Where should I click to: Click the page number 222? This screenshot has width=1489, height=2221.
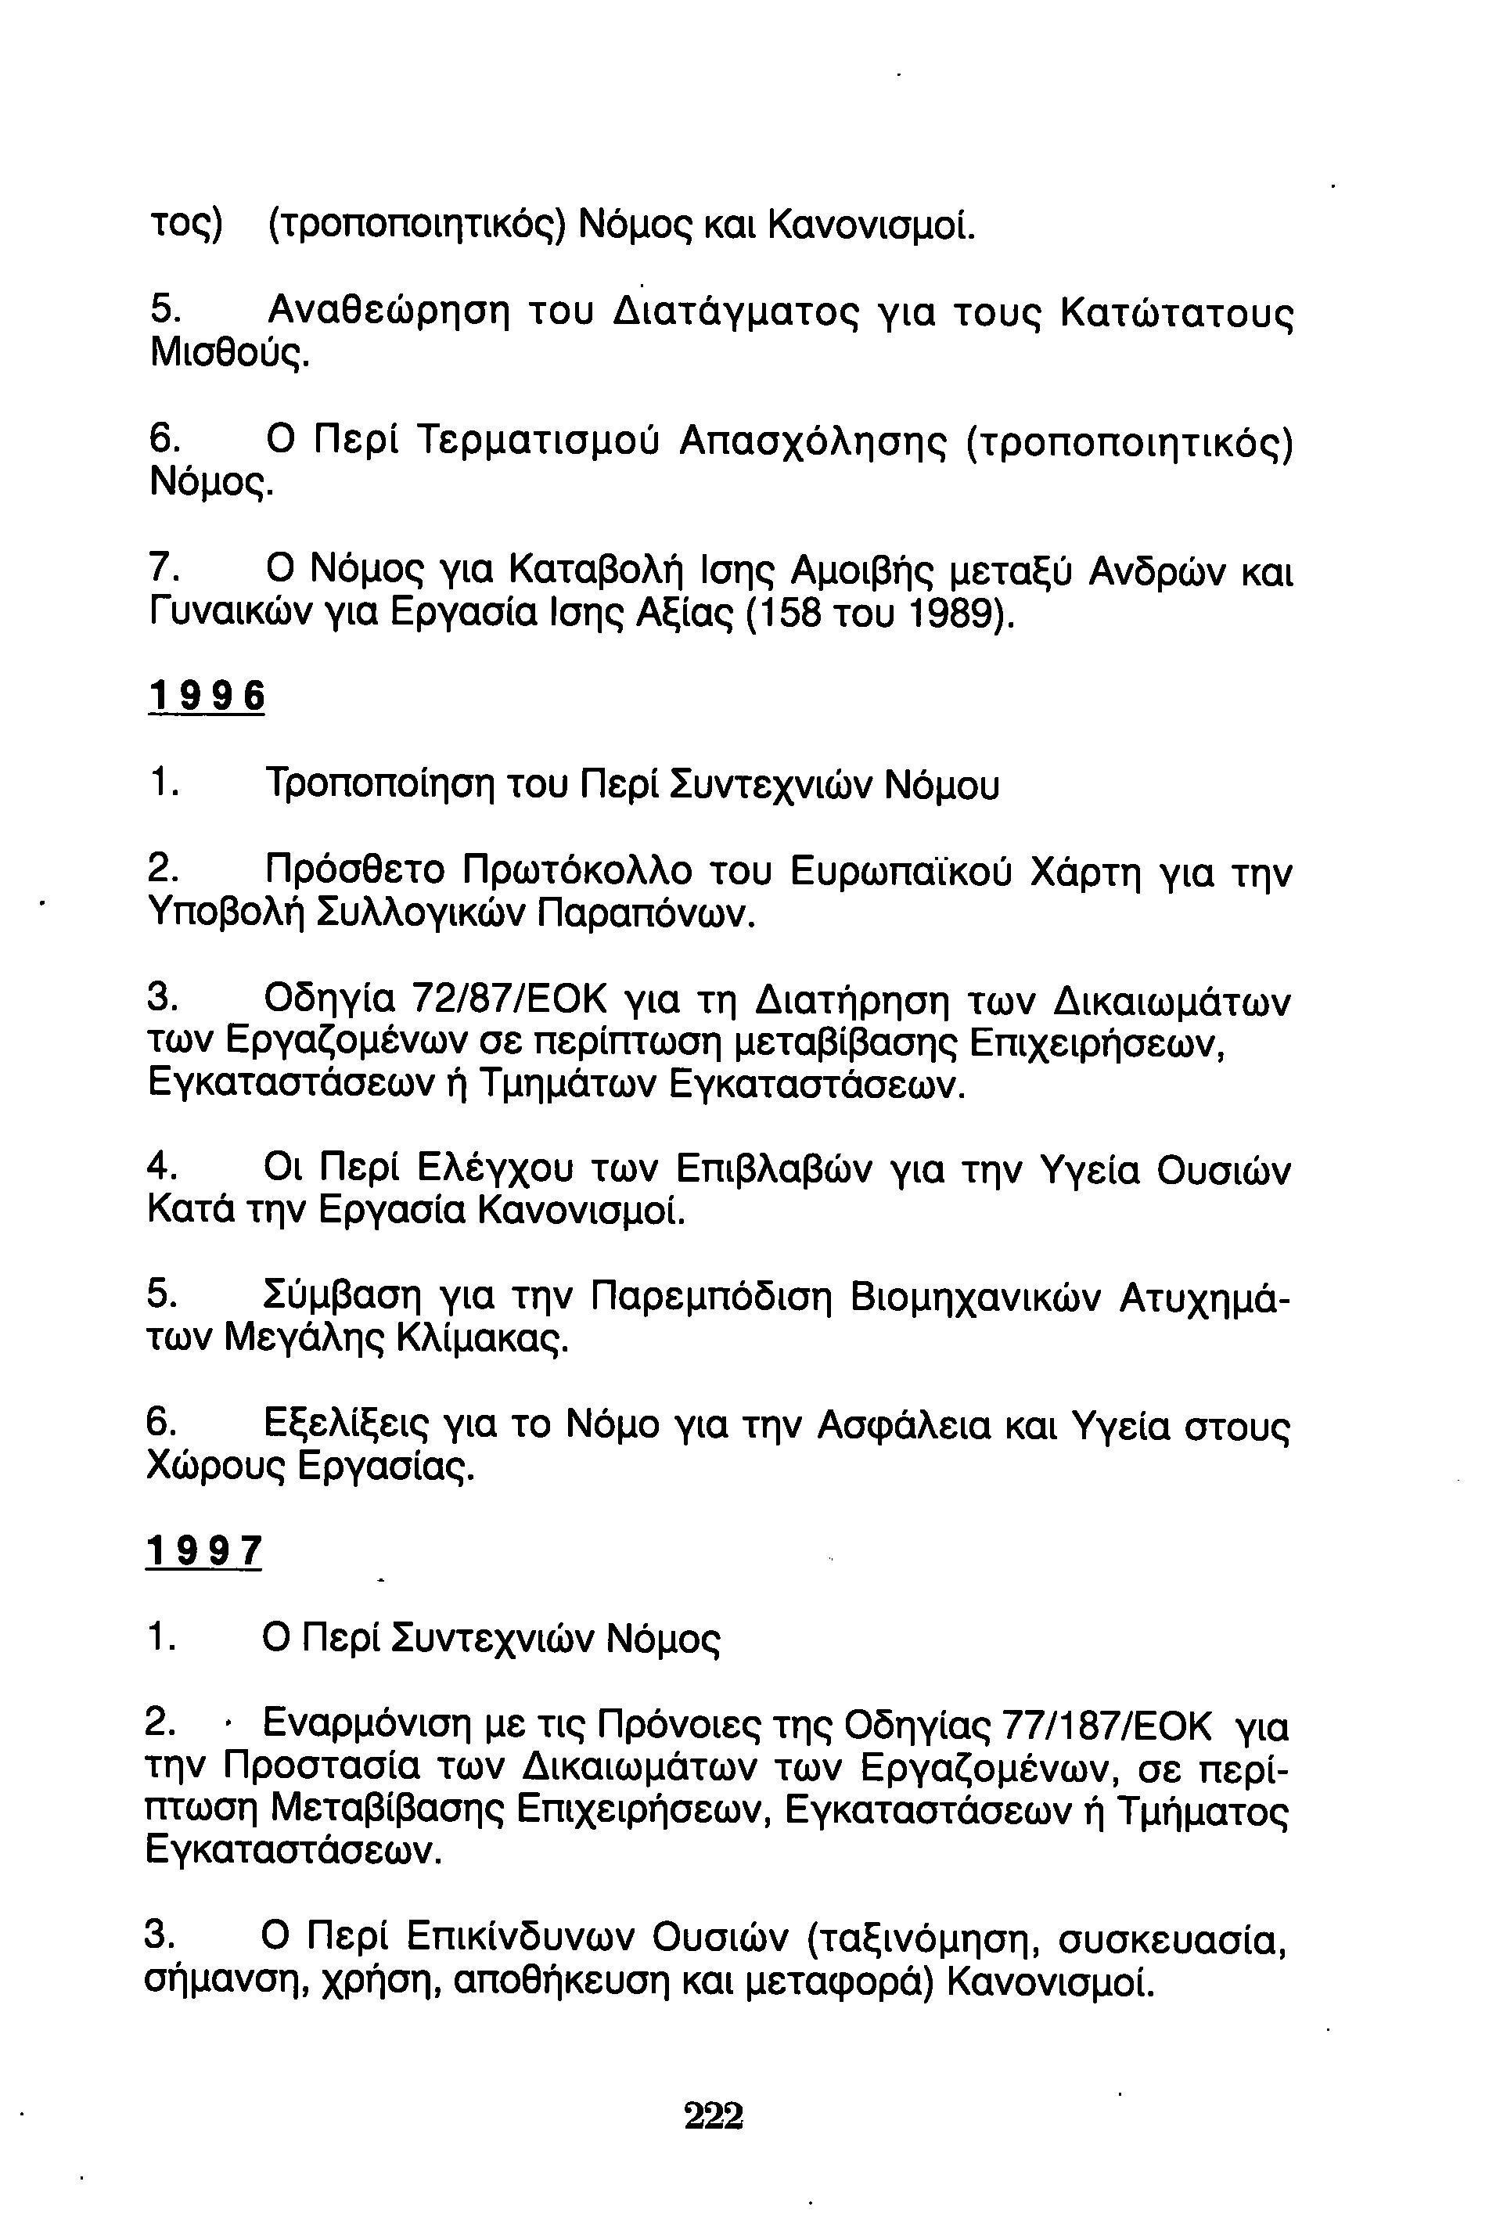pyautogui.click(x=713, y=2117)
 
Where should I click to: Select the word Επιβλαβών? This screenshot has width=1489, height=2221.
pyautogui.click(x=774, y=1170)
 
